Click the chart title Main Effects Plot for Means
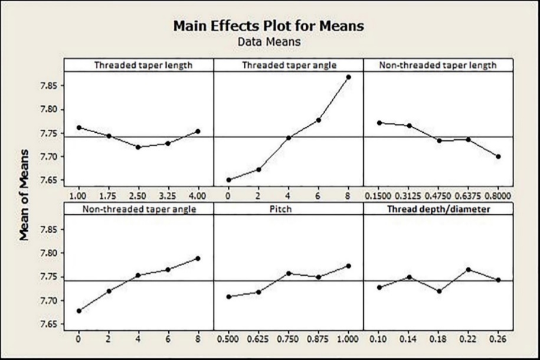coord(269,27)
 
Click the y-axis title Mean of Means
coord(25,204)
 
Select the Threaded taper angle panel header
coord(289,65)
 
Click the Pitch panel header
coord(289,208)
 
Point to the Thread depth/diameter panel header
coord(438,208)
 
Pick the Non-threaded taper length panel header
coord(438,65)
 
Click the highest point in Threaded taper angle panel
coord(348,77)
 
